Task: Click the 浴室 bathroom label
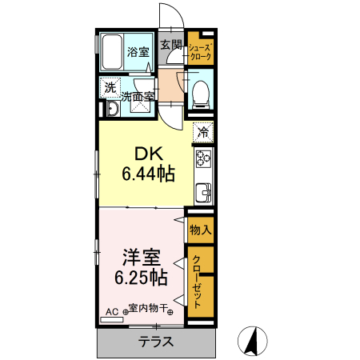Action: pyautogui.click(x=138, y=53)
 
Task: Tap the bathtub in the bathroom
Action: pyautogui.click(x=112, y=54)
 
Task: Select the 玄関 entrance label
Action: pyautogui.click(x=170, y=46)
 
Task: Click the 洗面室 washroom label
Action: pyautogui.click(x=138, y=96)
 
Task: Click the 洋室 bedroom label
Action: pyautogui.click(x=141, y=258)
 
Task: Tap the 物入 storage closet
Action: pyautogui.click(x=200, y=230)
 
